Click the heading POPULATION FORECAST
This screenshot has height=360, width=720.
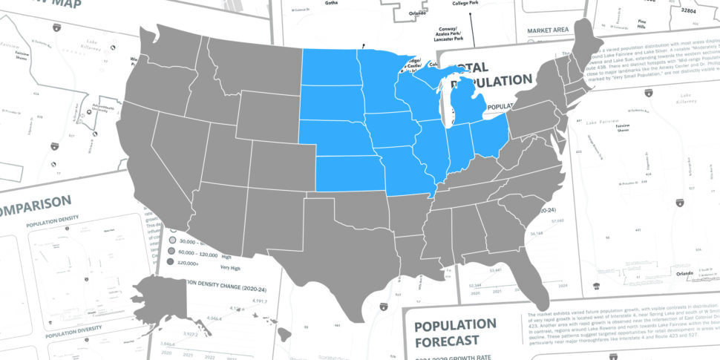tap(455, 333)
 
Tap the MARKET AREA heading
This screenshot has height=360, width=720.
tap(547, 30)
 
